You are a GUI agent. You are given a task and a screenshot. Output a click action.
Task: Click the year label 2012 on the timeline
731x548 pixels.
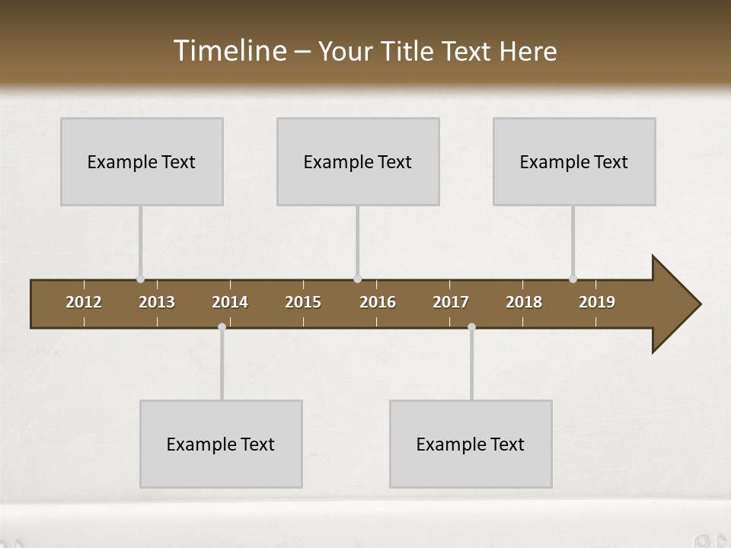click(x=84, y=302)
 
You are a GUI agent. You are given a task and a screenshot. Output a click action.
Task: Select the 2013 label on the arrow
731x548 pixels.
click(x=157, y=302)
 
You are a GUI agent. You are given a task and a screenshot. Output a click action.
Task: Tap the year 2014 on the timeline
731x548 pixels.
click(x=230, y=302)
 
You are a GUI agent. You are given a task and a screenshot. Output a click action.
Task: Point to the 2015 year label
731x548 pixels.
click(x=303, y=302)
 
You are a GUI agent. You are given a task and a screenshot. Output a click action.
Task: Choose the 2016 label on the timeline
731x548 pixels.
click(x=378, y=302)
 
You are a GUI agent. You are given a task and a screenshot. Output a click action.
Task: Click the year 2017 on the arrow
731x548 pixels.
click(x=451, y=302)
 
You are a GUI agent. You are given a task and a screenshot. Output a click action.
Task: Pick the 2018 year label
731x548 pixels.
click(x=524, y=302)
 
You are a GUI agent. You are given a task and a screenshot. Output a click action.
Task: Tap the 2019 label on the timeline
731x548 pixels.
click(x=597, y=302)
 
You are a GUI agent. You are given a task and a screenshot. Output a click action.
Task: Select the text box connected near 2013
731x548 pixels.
click(x=142, y=161)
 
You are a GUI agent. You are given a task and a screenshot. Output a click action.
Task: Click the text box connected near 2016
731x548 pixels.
click(x=358, y=161)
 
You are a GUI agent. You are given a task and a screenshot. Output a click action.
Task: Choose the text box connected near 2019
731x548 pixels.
click(x=574, y=161)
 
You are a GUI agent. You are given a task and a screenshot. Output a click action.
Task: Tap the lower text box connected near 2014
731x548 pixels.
click(x=221, y=444)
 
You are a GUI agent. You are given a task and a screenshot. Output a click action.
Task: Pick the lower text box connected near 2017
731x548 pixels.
click(x=471, y=444)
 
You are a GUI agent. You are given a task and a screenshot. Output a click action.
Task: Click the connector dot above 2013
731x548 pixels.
click(x=140, y=279)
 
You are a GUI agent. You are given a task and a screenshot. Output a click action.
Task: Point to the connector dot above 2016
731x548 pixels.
click(x=357, y=279)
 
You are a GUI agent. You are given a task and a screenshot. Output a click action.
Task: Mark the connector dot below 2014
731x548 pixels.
click(x=222, y=327)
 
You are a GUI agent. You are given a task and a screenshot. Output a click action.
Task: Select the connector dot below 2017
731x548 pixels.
click(x=471, y=327)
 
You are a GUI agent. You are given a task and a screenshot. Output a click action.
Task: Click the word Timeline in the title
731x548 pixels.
click(x=229, y=51)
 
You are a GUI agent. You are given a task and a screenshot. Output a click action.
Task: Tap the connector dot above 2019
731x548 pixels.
click(x=573, y=279)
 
